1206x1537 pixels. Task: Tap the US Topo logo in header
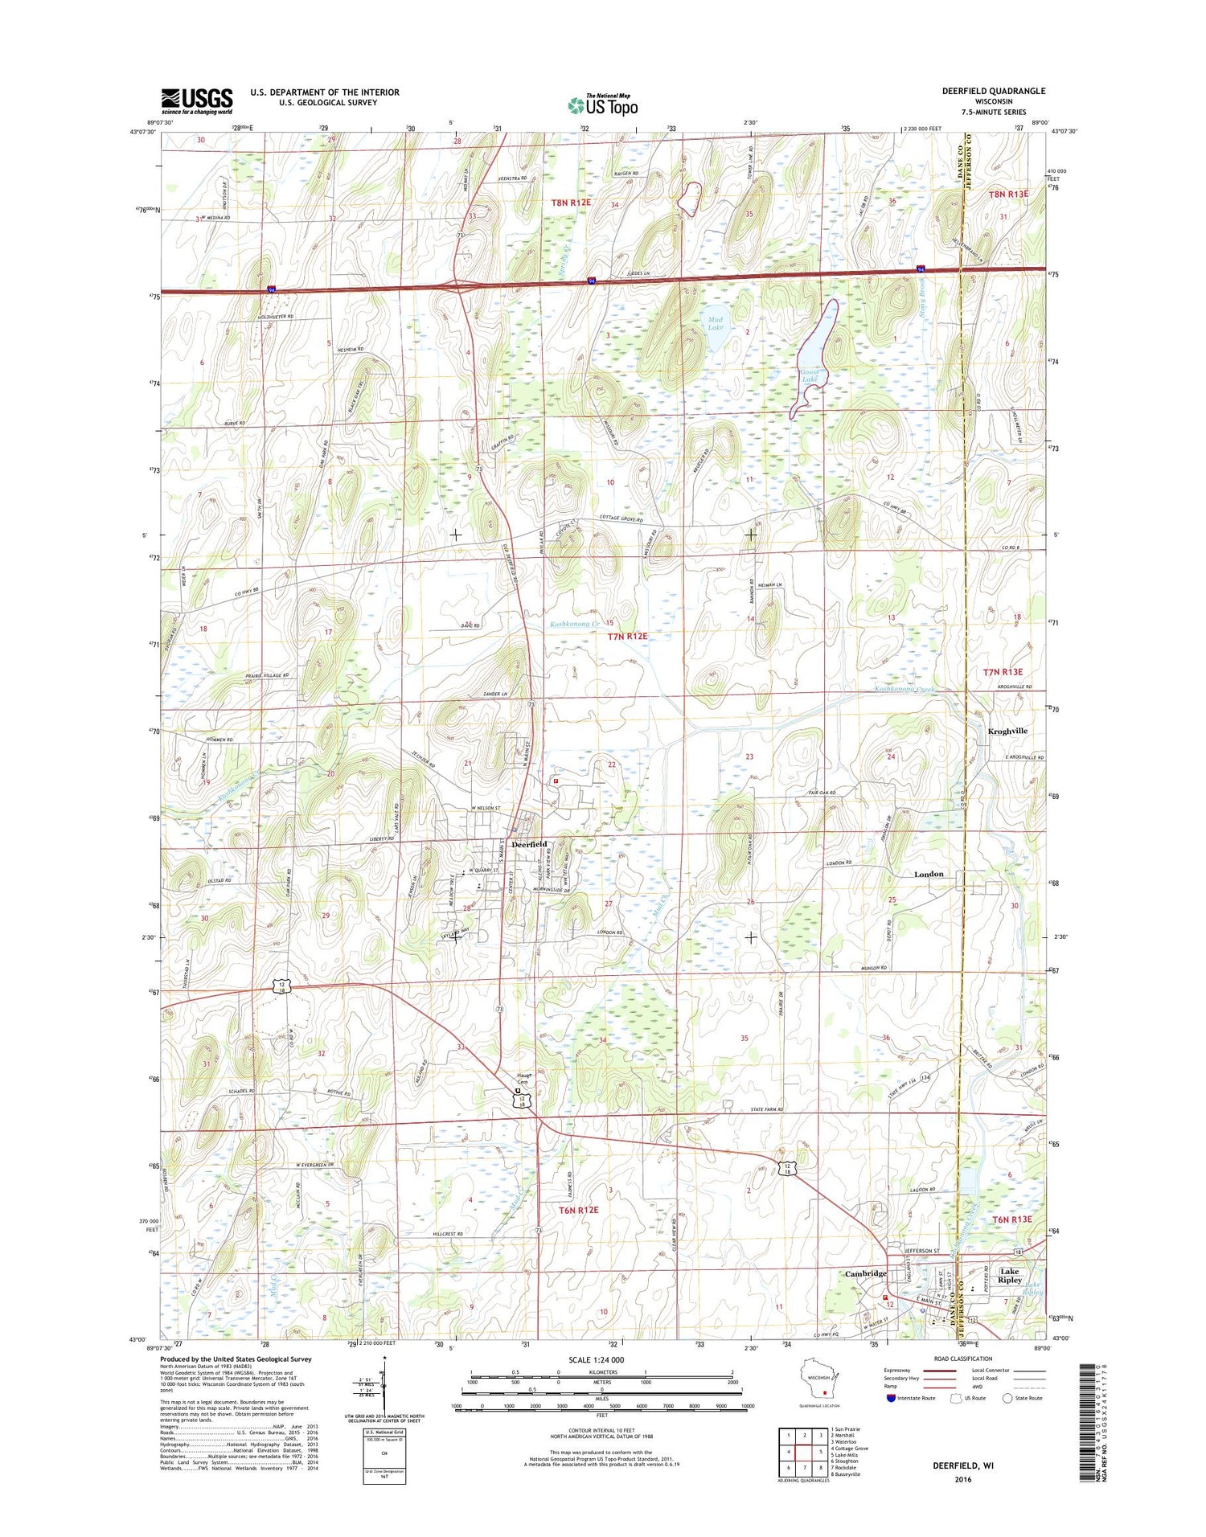tap(603, 105)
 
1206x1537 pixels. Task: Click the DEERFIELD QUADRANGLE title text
tap(994, 91)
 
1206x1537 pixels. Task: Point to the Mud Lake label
tap(715, 323)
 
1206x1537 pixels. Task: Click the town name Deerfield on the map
tap(529, 843)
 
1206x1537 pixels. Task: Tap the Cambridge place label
tap(866, 1273)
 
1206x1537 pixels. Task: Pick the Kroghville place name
tap(1007, 731)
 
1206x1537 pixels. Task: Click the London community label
tap(929, 874)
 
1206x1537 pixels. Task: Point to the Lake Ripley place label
tap(1010, 1276)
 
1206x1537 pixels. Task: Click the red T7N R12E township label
tap(627, 636)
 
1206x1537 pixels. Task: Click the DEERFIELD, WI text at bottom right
tap(962, 1465)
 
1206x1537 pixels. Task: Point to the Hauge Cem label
tap(523, 1079)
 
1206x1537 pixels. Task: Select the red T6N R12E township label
tap(579, 1210)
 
